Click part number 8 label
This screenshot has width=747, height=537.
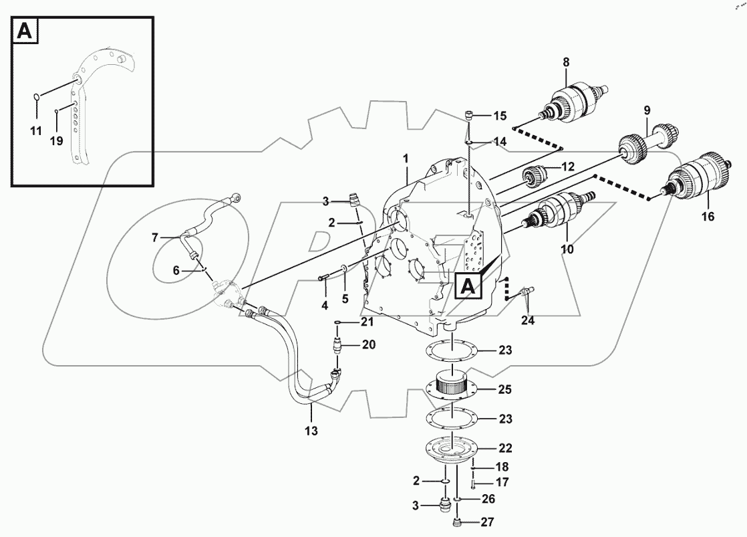(x=566, y=63)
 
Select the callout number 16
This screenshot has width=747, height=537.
(x=708, y=217)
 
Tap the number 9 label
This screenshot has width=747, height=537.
(x=647, y=110)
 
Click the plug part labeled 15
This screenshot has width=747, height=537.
(x=470, y=116)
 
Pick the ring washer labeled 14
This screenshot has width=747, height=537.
(x=470, y=142)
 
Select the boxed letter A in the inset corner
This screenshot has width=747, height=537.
(x=25, y=31)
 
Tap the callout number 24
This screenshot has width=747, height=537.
(x=528, y=320)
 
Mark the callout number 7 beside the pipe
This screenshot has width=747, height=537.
(x=154, y=237)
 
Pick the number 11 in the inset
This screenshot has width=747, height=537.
(x=35, y=130)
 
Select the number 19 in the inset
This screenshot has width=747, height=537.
(x=56, y=141)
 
